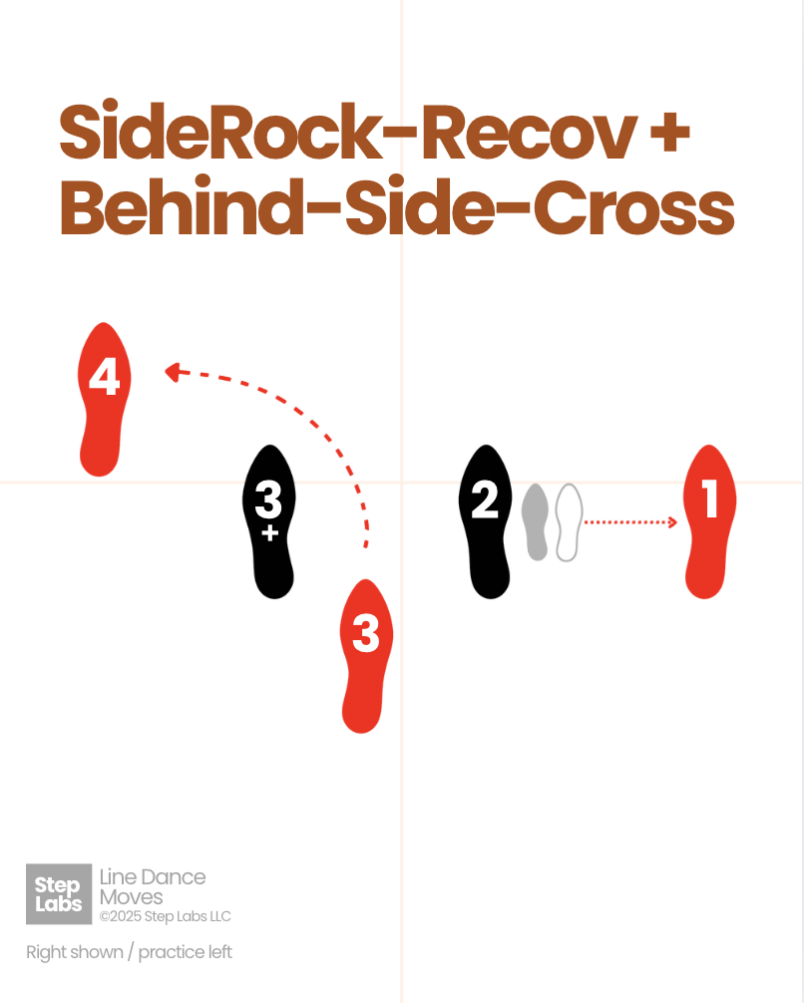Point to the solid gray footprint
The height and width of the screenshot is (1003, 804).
537,521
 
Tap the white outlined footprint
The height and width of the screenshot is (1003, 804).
568,521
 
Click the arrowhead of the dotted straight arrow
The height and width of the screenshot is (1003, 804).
672,521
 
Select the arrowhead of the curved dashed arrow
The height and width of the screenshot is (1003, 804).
172,372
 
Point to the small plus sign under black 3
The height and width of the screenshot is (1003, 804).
268,533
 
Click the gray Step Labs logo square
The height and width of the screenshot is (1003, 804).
58,893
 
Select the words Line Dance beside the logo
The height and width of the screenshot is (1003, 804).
153,877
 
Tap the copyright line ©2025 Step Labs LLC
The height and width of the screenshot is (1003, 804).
165,916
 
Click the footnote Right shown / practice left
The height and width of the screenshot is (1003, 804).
129,952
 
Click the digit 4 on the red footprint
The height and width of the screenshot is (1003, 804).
105,378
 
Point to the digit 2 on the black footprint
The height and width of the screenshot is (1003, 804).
485,499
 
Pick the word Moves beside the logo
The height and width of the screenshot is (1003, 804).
131,897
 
